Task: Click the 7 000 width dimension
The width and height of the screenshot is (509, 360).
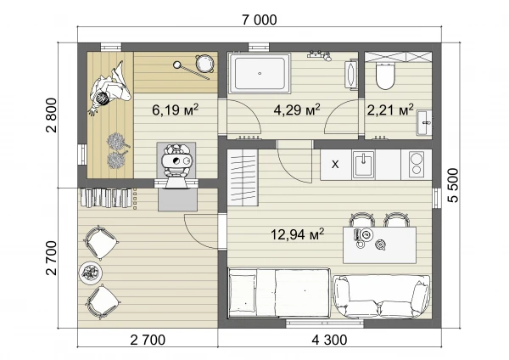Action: pos(260,20)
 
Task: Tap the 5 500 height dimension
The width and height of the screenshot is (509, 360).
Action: pos(453,185)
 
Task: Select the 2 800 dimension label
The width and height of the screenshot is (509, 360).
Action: pos(51,115)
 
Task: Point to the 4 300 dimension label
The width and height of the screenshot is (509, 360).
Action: pos(329,340)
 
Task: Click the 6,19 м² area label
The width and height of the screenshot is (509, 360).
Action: pos(175,110)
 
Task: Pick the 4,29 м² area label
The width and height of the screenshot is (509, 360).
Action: pos(297,110)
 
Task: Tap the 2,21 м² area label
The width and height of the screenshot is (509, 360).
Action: pos(390,110)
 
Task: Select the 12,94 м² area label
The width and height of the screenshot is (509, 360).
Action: pos(298,234)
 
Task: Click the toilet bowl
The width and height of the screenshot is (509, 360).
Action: pos(385,76)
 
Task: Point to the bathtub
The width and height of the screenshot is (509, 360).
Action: pos(260,73)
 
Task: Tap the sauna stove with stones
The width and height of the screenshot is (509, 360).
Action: pos(176,161)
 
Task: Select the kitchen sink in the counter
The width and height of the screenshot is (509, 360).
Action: pos(363,165)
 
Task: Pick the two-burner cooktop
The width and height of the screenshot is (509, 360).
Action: pos(417,165)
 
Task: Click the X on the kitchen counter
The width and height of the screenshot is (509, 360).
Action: pos(335,165)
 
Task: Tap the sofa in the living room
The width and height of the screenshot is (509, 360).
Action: pos(382,296)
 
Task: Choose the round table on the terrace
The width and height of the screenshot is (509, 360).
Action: pos(91,273)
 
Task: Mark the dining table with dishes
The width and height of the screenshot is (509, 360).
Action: pos(379,245)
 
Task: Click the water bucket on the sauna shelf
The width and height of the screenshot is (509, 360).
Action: pos(204,63)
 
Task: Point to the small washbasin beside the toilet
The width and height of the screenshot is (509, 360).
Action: pos(424,123)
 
